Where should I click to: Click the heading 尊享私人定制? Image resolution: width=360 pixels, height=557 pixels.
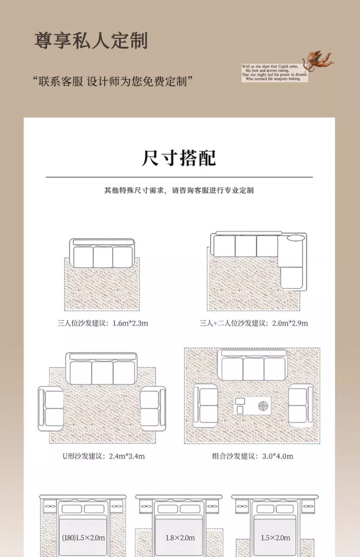[91, 40]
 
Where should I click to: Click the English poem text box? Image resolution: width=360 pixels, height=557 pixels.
[274, 73]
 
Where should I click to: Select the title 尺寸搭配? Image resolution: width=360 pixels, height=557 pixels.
[179, 158]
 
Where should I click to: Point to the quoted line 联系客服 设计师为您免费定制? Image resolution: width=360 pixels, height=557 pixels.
[113, 82]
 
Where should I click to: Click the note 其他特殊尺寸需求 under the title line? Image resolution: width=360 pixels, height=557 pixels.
[179, 190]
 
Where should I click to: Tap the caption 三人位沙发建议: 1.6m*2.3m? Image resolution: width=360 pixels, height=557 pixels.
[103, 323]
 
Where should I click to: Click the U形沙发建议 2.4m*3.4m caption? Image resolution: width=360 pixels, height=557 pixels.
[103, 456]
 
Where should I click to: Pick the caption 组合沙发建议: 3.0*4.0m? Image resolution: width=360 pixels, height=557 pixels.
[252, 456]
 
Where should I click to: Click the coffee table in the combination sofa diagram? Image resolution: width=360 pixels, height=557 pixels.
[252, 406]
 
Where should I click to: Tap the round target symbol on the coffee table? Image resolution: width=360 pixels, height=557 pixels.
[263, 406]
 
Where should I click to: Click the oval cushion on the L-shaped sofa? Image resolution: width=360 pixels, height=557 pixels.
[296, 238]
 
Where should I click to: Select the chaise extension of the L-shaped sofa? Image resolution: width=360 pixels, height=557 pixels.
[291, 277]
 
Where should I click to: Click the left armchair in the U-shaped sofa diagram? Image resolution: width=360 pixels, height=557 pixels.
[51, 408]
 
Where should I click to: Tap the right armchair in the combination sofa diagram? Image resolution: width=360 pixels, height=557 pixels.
[301, 405]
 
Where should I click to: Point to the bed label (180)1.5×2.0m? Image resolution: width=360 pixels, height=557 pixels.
[83, 538]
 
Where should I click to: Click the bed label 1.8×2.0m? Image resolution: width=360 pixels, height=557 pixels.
[180, 538]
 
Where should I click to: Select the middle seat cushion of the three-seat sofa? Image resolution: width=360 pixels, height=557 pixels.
[103, 257]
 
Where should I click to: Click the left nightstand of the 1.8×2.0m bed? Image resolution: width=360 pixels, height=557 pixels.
[146, 507]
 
